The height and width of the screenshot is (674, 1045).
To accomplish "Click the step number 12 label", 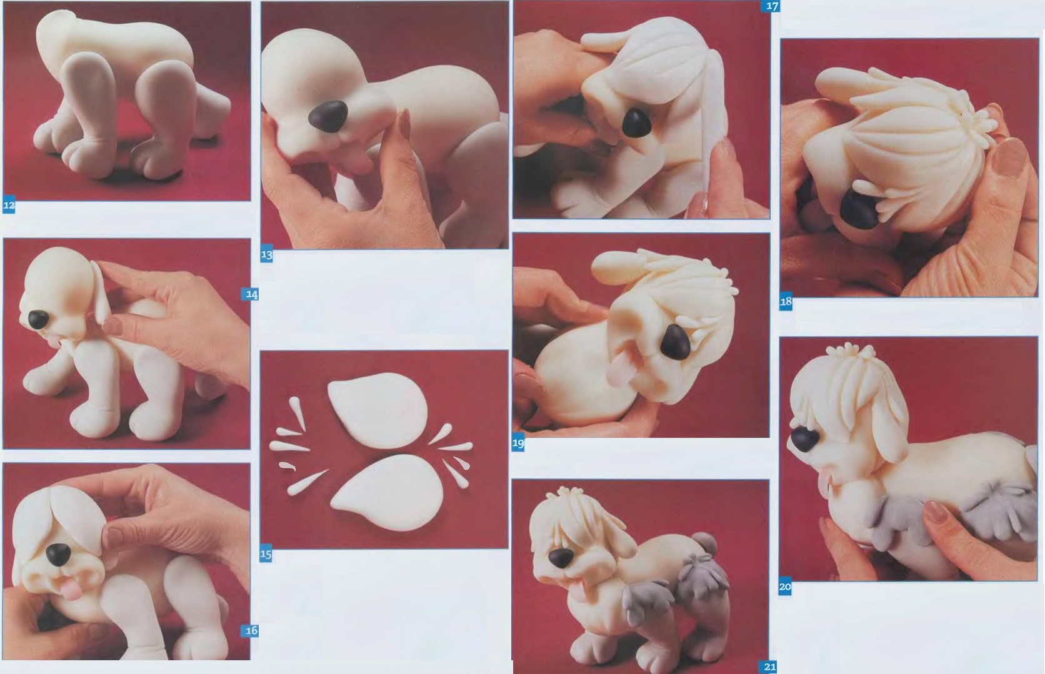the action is pyautogui.click(x=9, y=206).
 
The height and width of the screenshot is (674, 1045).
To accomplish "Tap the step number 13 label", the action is pyautogui.click(x=266, y=255).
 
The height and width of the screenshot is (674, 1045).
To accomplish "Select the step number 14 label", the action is pyautogui.click(x=252, y=295).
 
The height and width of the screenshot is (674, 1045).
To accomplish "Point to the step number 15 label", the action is pyautogui.click(x=266, y=555).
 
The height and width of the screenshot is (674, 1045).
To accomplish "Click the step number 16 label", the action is pyautogui.click(x=252, y=631).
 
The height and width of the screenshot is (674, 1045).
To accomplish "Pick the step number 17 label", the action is pyautogui.click(x=772, y=6).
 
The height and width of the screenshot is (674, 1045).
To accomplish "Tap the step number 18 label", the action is pyautogui.click(x=786, y=302).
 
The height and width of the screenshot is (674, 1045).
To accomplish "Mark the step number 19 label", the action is pyautogui.click(x=518, y=444).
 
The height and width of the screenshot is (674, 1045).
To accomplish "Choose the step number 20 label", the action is pyautogui.click(x=785, y=587).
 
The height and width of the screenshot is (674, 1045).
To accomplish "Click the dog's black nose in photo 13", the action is pyautogui.click(x=328, y=116).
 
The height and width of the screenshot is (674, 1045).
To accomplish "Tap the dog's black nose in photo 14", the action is pyautogui.click(x=38, y=319).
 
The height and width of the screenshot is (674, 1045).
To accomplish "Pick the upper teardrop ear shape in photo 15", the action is pyautogui.click(x=378, y=410).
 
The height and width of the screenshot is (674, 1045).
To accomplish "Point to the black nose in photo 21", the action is pyautogui.click(x=561, y=557).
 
